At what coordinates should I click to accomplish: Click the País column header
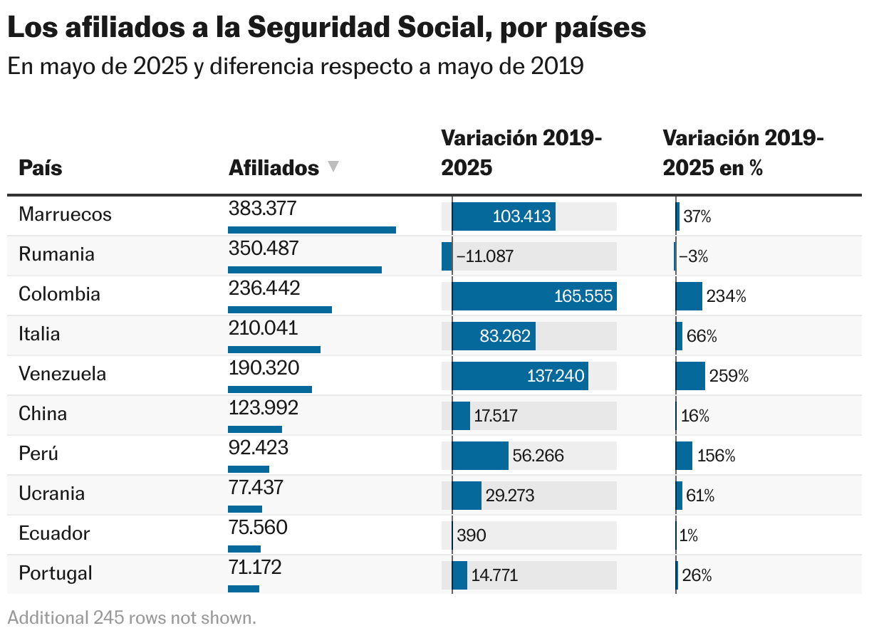click(x=41, y=168)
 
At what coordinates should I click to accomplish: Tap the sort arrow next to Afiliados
click(x=333, y=167)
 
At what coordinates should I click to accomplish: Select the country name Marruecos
click(x=65, y=214)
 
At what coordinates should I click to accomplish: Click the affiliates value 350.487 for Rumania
click(x=264, y=249)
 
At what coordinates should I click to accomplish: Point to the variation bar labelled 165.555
click(x=534, y=296)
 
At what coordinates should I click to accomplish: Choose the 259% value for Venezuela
click(x=728, y=376)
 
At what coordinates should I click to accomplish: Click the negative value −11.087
click(x=484, y=256)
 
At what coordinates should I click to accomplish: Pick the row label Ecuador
click(x=54, y=533)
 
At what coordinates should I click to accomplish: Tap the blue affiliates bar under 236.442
click(x=280, y=310)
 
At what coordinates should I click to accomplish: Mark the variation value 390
click(x=472, y=535)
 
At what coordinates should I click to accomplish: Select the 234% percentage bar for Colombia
click(x=689, y=296)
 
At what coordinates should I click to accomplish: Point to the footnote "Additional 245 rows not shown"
click(x=132, y=617)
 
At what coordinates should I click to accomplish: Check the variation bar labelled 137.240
click(x=520, y=376)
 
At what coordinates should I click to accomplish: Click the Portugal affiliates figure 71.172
click(x=255, y=568)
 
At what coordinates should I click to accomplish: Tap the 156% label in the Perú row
click(x=716, y=456)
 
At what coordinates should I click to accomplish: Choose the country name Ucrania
click(x=51, y=493)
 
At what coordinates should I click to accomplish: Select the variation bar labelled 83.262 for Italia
click(x=494, y=336)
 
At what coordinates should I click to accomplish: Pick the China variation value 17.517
click(x=496, y=416)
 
